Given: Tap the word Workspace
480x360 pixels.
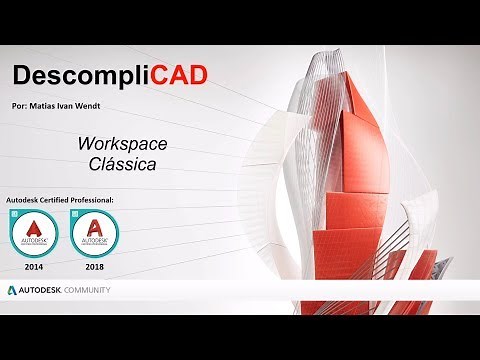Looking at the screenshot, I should (122, 144).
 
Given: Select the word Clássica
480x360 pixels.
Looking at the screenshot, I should (122, 165).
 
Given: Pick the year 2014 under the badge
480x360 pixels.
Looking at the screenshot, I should (35, 268).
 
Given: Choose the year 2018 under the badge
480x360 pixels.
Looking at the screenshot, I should (96, 268).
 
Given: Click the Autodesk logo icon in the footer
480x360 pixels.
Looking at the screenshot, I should (12, 290).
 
